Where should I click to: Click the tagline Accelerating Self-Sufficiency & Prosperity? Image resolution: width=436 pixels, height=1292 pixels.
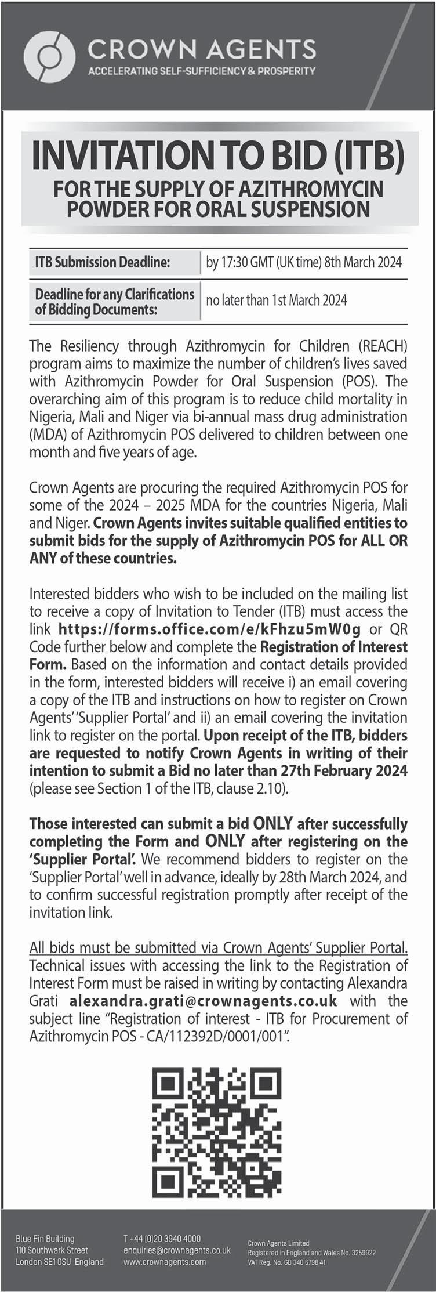click(201, 71)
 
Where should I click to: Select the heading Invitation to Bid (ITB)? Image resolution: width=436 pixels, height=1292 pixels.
click(219, 158)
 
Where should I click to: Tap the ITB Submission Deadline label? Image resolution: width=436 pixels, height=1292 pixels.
click(103, 262)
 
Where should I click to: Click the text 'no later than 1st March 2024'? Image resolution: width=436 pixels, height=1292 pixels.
click(277, 300)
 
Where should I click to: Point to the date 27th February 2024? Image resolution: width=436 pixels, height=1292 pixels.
click(344, 770)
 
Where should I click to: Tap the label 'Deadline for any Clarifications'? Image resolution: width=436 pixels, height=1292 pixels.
click(115, 294)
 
